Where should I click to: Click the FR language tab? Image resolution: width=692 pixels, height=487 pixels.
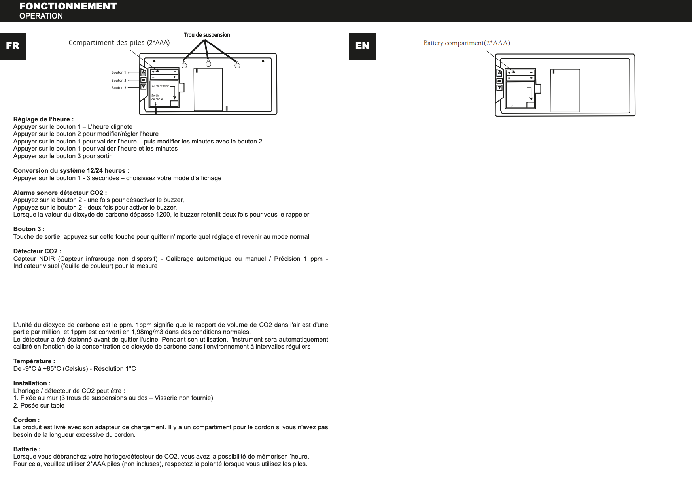[x=13, y=46]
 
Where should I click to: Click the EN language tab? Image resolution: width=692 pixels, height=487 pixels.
[x=362, y=46]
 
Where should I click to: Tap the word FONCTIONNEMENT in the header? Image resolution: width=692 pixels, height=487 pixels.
[x=68, y=6]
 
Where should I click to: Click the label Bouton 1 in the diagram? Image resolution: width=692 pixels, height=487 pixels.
[x=119, y=72]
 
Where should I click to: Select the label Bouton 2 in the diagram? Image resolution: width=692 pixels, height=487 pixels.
[x=119, y=81]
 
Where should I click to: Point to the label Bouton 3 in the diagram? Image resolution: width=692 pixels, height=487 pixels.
[x=119, y=88]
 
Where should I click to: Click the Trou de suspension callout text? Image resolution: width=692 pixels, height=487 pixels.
[x=207, y=35]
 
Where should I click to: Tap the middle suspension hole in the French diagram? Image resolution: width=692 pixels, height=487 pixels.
[x=208, y=64]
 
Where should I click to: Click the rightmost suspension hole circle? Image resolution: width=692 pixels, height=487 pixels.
[x=237, y=65]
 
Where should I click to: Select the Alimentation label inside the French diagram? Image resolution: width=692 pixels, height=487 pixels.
[x=161, y=86]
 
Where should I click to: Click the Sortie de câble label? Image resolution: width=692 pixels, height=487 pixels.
[x=157, y=97]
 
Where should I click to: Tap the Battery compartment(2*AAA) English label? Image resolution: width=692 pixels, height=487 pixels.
[x=467, y=43]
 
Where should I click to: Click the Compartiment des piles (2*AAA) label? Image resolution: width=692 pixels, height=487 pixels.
[x=119, y=43]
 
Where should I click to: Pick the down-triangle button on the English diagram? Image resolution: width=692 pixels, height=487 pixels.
[x=499, y=88]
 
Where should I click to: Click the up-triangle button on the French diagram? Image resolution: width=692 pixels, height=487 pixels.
[x=144, y=72]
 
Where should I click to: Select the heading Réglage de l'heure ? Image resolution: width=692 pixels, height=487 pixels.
[x=43, y=119]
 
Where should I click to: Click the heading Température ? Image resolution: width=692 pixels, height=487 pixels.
[x=34, y=361]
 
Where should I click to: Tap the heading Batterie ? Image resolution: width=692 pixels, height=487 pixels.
[x=27, y=449]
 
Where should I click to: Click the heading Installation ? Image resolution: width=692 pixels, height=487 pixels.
[x=32, y=383]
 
